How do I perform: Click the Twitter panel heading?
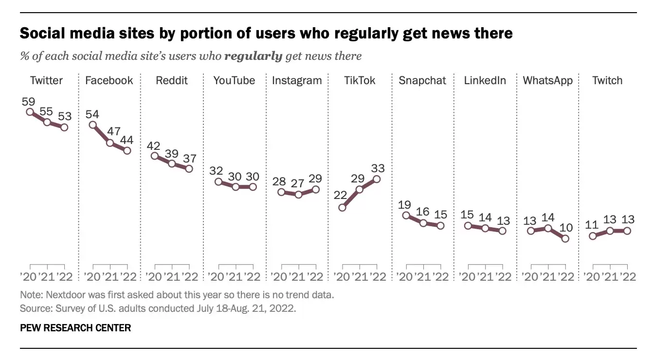[46, 80]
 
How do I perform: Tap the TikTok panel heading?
[360, 80]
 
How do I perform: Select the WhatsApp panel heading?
[547, 80]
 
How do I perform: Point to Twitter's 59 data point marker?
[30, 111]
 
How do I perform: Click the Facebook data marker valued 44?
[127, 151]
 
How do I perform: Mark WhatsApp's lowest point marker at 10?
[565, 238]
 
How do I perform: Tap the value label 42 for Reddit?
[153, 145]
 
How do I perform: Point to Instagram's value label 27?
[298, 183]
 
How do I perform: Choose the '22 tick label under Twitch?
[626, 277]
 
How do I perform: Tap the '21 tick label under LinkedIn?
[485, 277]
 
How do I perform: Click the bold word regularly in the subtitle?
[253, 56]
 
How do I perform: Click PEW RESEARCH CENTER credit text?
[75, 328]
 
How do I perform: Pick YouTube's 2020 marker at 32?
[218, 181]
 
